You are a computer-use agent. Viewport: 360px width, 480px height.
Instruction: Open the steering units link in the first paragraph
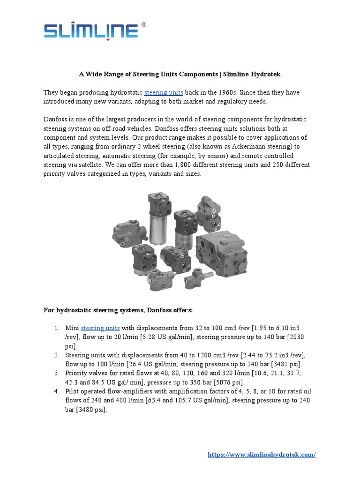(x=164, y=92)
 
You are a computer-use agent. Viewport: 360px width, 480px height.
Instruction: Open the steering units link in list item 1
(x=100, y=328)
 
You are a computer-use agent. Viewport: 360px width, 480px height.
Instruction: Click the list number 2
(x=57, y=355)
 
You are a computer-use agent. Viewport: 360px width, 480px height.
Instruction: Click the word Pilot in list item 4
(x=73, y=391)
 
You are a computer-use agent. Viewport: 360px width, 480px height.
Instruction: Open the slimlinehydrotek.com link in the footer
(x=262, y=455)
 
